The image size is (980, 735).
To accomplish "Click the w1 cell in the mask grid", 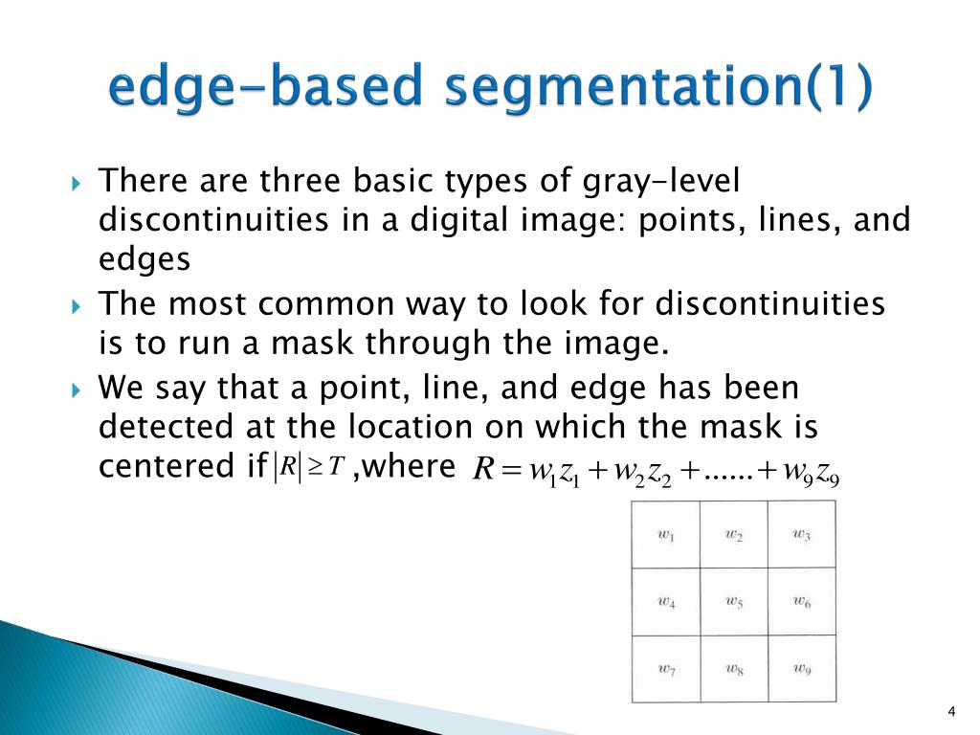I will pyautogui.click(x=666, y=535).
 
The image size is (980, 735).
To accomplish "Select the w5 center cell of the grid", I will pyautogui.click(x=733, y=602).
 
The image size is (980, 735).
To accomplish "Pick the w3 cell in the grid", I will pyautogui.click(x=802, y=535).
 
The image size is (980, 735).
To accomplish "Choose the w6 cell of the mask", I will pyautogui.click(x=802, y=602).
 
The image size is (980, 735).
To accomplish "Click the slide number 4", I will pyautogui.click(x=950, y=710).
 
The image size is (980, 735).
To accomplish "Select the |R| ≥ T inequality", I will pyautogui.click(x=308, y=466).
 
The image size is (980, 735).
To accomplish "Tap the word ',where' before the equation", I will pyautogui.click(x=403, y=466).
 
